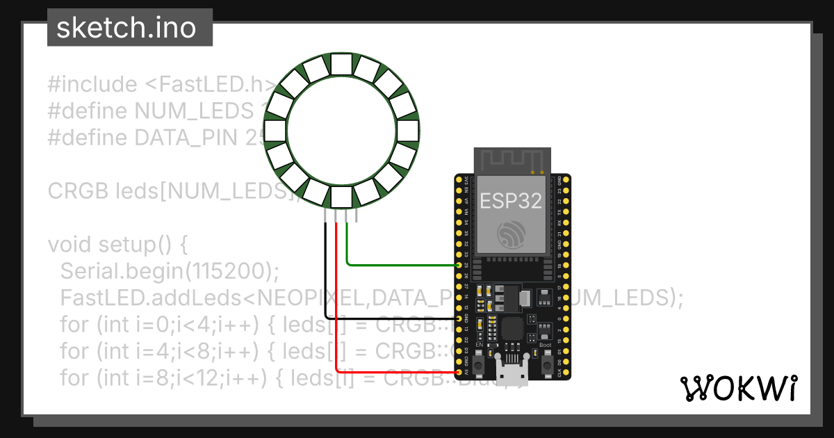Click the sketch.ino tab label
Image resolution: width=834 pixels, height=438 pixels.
126,28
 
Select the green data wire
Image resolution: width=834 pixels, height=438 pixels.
403,265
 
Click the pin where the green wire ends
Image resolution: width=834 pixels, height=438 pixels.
459,266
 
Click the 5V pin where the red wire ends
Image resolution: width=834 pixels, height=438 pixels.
459,372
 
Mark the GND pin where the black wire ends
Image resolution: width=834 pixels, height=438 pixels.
459,318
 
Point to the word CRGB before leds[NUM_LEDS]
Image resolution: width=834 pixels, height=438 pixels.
79,190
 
